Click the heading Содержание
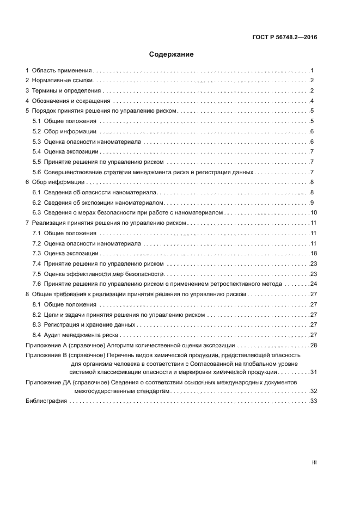point(172,54)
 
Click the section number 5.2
point(37,131)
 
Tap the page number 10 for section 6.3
point(314,212)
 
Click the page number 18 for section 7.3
point(314,253)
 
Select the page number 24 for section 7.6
point(314,284)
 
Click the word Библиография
point(47,401)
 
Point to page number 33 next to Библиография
point(314,401)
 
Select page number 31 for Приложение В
point(314,372)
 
